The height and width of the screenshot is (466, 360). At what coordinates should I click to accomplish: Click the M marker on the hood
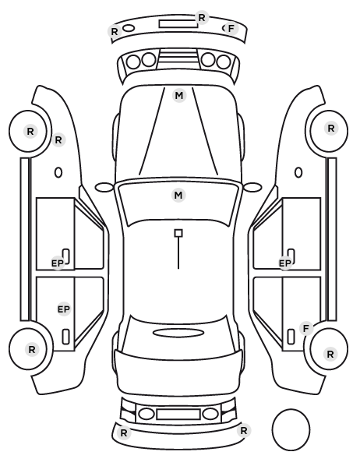pos(179,96)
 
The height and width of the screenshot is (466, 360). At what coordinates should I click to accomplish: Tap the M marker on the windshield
pos(178,196)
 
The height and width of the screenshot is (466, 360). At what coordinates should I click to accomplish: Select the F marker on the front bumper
pos(231,29)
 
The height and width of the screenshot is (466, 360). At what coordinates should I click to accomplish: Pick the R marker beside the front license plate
pos(202,18)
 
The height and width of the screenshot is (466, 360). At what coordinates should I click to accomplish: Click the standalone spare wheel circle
pos(291,429)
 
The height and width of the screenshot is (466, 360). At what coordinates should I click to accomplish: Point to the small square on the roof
pos(178,233)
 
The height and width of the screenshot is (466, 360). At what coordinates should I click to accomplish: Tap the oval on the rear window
pos(178,333)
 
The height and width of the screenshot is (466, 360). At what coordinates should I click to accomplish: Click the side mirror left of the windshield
pos(104,187)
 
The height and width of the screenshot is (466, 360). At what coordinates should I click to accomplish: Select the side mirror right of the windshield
pos(252,187)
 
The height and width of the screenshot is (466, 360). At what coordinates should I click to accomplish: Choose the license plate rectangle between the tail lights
pos(178,414)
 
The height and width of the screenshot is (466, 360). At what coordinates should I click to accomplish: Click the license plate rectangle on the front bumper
pos(178,24)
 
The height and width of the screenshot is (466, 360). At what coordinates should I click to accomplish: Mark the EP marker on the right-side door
pos(285,263)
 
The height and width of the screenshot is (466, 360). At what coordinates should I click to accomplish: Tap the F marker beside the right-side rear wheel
pos(306,328)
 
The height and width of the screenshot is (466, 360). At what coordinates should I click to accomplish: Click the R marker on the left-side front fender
pos(58,139)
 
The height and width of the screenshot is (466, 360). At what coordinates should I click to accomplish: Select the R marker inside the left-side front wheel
pos(30,132)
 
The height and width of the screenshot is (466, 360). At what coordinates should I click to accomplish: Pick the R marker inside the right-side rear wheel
pos(330,354)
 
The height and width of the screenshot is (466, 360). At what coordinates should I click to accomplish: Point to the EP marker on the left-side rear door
pos(64,309)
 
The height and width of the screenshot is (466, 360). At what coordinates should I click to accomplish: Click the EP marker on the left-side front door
pos(58,263)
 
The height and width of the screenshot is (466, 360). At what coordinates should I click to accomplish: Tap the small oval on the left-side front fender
pos(58,172)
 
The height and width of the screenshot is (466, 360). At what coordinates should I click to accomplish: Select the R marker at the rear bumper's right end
pos(244,430)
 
